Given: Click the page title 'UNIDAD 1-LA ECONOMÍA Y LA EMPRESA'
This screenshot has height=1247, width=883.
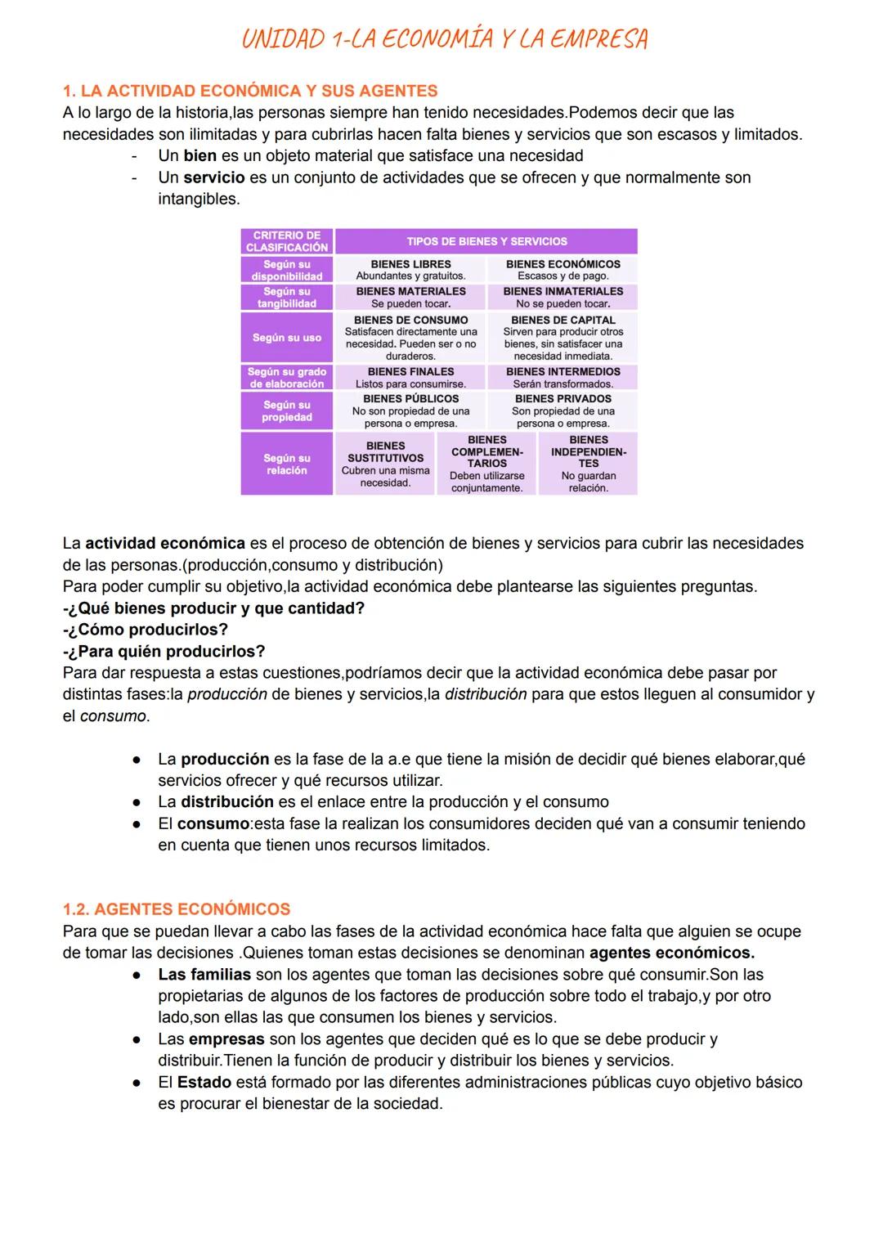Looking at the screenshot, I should pyautogui.click(x=444, y=38).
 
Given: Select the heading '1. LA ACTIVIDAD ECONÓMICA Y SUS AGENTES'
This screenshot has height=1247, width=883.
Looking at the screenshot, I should pyautogui.click(x=250, y=91).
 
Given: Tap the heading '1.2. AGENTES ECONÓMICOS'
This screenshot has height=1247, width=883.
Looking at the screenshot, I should pyautogui.click(x=177, y=909).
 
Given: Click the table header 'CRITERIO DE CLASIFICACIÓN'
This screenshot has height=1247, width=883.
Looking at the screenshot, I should pyautogui.click(x=287, y=241).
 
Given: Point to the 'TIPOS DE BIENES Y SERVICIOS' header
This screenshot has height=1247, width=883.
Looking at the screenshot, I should pyautogui.click(x=486, y=241).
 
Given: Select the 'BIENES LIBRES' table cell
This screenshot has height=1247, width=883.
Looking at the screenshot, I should pyautogui.click(x=410, y=270).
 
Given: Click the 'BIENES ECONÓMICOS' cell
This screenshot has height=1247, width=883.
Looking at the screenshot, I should pyautogui.click(x=563, y=270).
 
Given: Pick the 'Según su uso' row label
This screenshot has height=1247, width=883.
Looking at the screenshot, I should pyautogui.click(x=287, y=338).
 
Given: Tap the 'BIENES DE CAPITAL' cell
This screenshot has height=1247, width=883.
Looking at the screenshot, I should pyautogui.click(x=563, y=338).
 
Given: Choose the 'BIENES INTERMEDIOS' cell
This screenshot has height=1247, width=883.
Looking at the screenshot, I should pyautogui.click(x=563, y=377).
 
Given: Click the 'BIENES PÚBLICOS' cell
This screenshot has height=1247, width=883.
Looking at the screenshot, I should pyautogui.click(x=410, y=410).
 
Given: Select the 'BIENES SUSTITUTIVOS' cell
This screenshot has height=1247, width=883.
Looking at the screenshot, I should pyautogui.click(x=385, y=464).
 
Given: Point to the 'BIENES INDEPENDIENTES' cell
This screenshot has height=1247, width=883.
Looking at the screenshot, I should pyautogui.click(x=589, y=464).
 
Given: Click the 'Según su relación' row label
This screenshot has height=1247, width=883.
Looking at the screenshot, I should pyautogui.click(x=287, y=464).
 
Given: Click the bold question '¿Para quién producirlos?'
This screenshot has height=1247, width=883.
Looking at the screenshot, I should pyautogui.click(x=164, y=652).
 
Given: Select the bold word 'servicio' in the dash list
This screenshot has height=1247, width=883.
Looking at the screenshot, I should pyautogui.click(x=213, y=177).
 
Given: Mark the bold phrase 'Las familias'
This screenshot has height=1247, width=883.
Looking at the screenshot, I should pyautogui.click(x=204, y=975).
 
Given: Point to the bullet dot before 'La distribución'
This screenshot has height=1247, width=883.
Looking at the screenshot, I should pyautogui.click(x=138, y=802).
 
